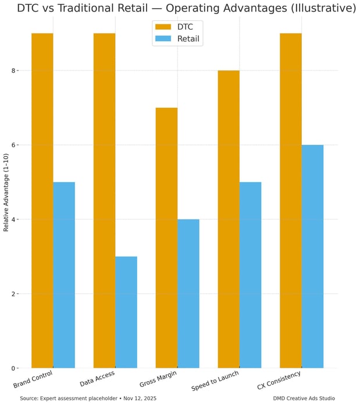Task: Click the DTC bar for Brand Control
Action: (42, 201)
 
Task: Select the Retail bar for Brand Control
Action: (64, 275)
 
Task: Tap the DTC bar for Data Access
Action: (104, 201)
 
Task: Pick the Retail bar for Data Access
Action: (126, 312)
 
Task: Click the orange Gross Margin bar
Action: (166, 237)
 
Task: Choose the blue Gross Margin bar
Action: (188, 293)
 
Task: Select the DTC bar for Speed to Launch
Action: (229, 219)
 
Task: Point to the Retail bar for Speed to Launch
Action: (251, 275)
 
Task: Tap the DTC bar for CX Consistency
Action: (291, 201)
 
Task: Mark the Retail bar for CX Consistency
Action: (312, 256)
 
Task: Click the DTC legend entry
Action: (177, 27)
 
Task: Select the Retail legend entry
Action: (177, 39)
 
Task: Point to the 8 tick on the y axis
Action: (13, 70)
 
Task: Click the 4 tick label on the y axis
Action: (13, 219)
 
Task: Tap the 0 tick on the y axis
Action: (13, 368)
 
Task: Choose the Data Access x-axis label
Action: (97, 379)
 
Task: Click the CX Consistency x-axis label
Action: (279, 381)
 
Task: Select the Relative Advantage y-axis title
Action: (6, 193)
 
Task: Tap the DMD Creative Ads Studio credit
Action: (304, 399)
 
